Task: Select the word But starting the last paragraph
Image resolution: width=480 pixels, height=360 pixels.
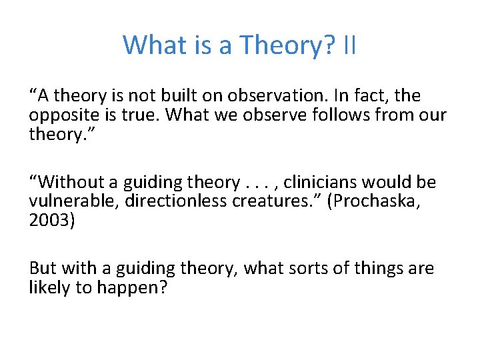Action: pyautogui.click(x=43, y=269)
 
